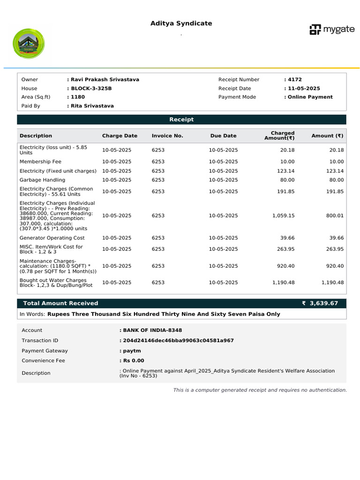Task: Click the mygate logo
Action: click(x=332, y=30)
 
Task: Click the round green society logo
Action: click(x=29, y=44)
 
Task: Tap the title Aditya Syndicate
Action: click(x=181, y=23)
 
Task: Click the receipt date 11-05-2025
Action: click(x=303, y=89)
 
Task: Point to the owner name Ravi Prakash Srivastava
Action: click(x=104, y=80)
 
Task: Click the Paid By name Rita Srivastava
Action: click(x=91, y=106)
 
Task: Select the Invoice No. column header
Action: click(x=167, y=136)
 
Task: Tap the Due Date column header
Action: click(x=223, y=136)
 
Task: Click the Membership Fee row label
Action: click(x=40, y=162)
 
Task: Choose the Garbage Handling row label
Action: click(x=42, y=180)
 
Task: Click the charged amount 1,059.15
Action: click(x=283, y=216)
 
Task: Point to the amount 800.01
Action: click(x=335, y=216)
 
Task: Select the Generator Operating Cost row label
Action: click(x=52, y=238)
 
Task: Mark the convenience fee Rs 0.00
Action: click(x=133, y=361)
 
